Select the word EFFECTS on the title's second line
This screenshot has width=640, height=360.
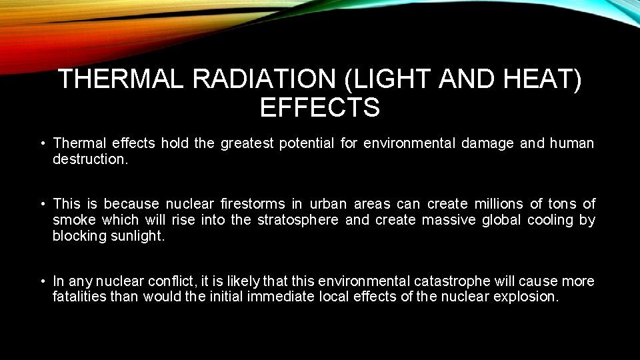[x=320, y=107]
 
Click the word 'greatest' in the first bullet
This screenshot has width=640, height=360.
[x=244, y=143]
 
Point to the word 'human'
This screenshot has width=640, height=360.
[x=571, y=143]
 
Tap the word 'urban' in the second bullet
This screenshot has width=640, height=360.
[x=328, y=203]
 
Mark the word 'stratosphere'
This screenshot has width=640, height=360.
[x=297, y=220]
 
